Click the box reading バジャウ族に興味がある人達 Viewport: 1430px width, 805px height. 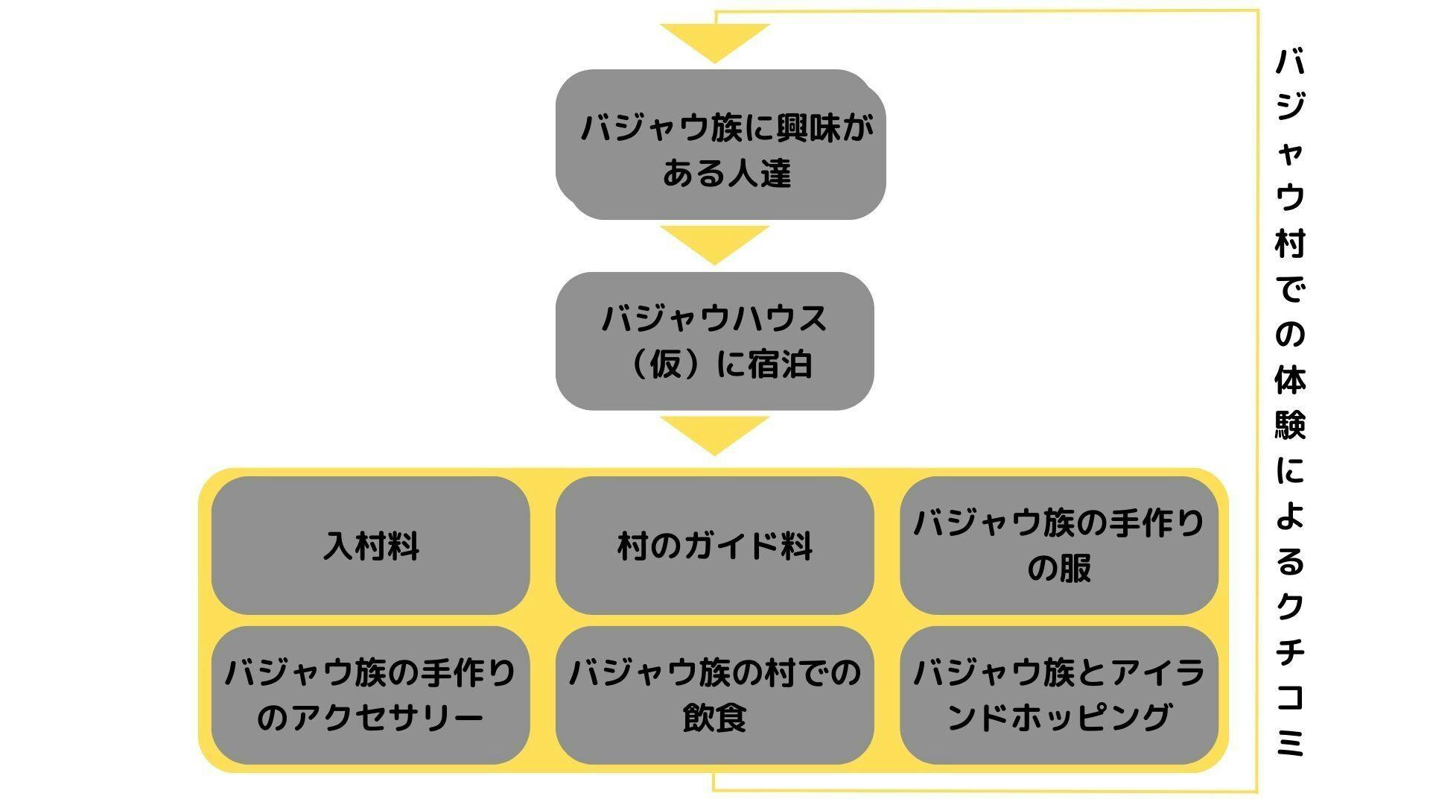pyautogui.click(x=720, y=145)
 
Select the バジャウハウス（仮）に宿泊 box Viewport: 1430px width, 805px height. pyautogui.click(x=714, y=341)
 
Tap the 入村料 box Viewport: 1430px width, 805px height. pyautogui.click(x=370, y=546)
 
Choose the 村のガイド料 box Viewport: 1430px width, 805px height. pyautogui.click(x=714, y=546)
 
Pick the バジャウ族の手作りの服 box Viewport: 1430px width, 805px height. pyautogui.click(x=1058, y=546)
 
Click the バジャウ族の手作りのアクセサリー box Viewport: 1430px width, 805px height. pyautogui.click(x=370, y=695)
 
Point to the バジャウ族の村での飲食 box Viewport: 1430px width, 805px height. pyautogui.click(x=714, y=695)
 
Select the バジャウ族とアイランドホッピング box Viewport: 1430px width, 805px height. pyautogui.click(x=1058, y=695)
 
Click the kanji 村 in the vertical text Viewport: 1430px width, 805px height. pyautogui.click(x=1290, y=243)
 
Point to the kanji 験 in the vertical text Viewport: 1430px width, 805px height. pyautogui.click(x=1290, y=425)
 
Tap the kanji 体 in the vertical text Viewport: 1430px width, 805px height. pyautogui.click(x=1290, y=379)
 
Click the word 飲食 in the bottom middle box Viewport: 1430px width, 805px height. pyautogui.click(x=714, y=718)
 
